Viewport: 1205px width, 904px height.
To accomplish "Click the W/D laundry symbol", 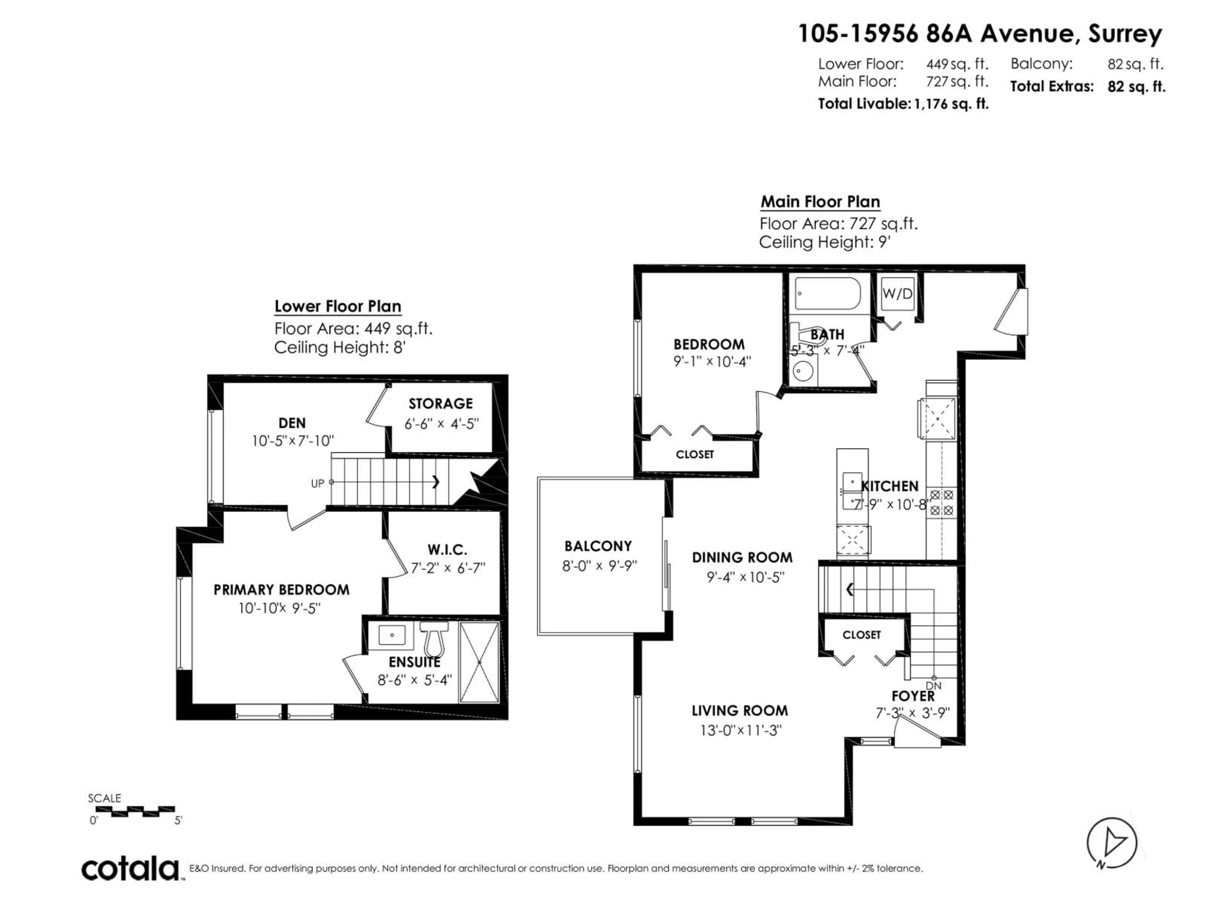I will [x=897, y=294].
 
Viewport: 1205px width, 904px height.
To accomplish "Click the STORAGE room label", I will [x=440, y=404].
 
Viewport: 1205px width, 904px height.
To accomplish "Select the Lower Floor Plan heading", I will [x=338, y=307].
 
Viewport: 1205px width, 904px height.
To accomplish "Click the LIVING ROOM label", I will [x=739, y=711].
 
